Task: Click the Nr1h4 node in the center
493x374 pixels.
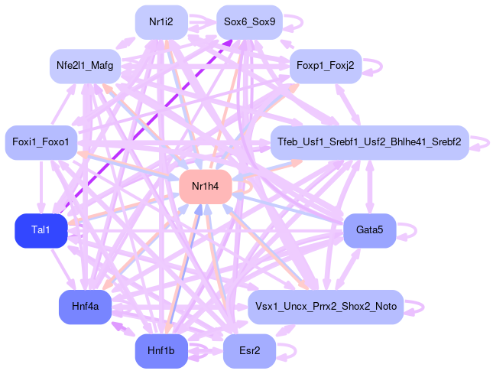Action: (205, 187)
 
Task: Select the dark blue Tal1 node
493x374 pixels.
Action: (41, 231)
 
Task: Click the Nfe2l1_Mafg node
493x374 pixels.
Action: (84, 66)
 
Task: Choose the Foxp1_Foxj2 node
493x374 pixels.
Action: (325, 66)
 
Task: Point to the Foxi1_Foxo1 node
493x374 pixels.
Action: (41, 143)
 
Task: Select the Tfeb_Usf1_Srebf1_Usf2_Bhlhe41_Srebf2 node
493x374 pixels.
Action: (369, 143)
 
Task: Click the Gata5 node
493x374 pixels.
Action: (369, 230)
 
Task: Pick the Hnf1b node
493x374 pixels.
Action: (161, 351)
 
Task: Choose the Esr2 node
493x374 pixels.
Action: (249, 351)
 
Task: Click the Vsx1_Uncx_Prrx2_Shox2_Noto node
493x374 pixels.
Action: (325, 307)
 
